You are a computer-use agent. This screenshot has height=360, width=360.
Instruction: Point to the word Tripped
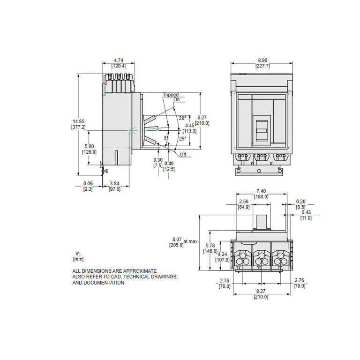pyautogui.click(x=171, y=95)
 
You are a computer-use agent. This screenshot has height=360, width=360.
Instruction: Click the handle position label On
pyautogui.click(x=176, y=99)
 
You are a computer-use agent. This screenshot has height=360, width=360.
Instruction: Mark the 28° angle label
pyautogui.click(x=182, y=118)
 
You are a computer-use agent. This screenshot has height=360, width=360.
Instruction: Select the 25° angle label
pyautogui.click(x=182, y=138)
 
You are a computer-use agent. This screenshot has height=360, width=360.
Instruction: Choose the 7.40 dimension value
pyautogui.click(x=261, y=191)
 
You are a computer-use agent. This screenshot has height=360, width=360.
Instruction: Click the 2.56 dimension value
pyautogui.click(x=243, y=202)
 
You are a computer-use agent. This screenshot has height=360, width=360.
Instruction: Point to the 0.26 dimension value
pyautogui.click(x=300, y=202)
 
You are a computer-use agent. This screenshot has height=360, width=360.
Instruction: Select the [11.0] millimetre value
pyautogui.click(x=306, y=218)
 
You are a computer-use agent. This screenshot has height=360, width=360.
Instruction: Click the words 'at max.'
pyautogui.click(x=191, y=241)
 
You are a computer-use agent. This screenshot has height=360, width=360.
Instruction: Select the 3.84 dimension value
pyautogui.click(x=114, y=183)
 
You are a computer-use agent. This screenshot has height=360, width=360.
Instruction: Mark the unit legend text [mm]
pyautogui.click(x=78, y=259)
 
